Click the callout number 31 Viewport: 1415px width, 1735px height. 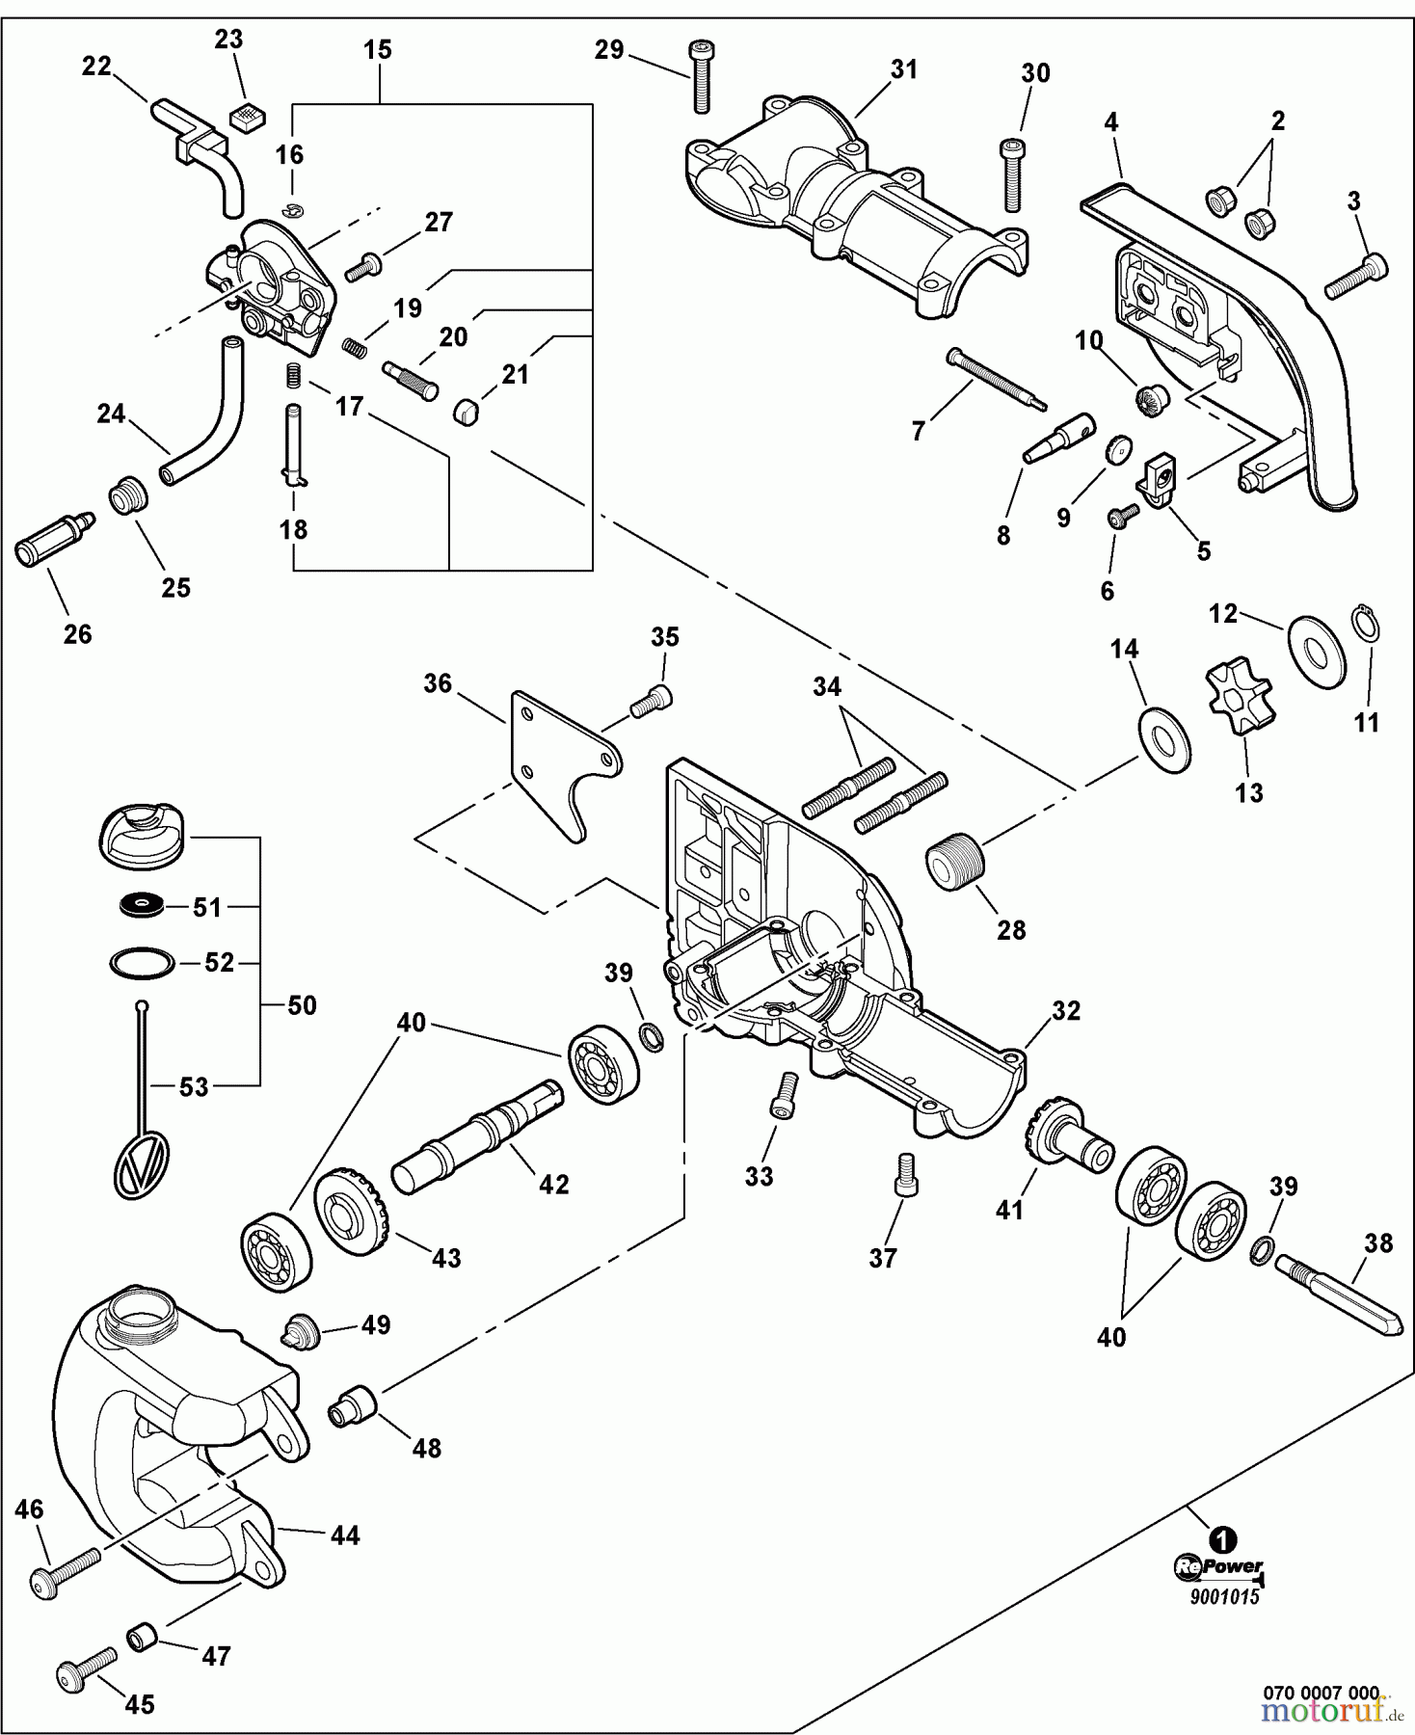tap(904, 69)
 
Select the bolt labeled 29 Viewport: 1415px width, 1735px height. tap(700, 77)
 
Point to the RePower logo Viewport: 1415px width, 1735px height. tap(1219, 1567)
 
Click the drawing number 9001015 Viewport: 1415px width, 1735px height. tap(1223, 1596)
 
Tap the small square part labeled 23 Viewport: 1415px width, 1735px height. tap(247, 118)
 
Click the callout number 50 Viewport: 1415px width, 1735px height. tap(302, 1005)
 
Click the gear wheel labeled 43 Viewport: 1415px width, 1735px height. tap(351, 1212)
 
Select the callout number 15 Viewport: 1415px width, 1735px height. tap(378, 50)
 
